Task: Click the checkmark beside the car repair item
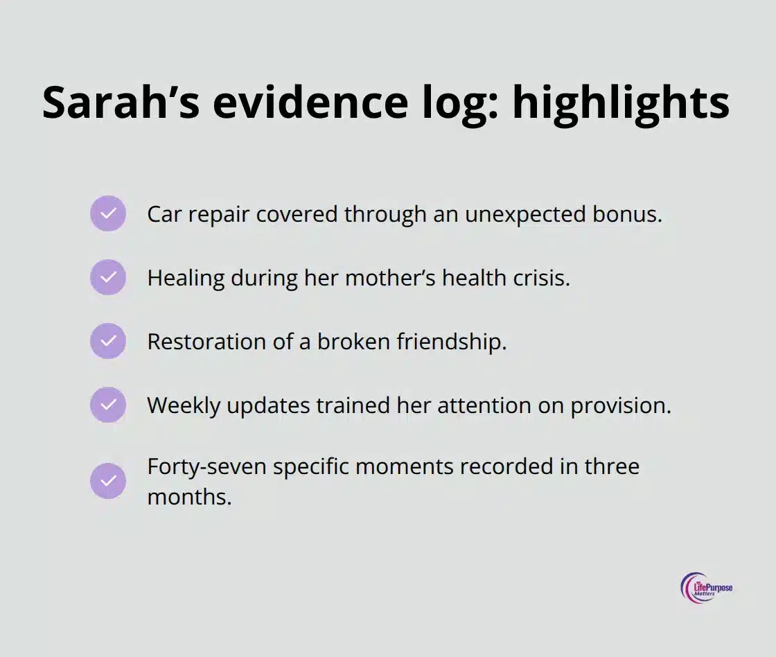[108, 213]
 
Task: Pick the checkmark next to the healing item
[108, 277]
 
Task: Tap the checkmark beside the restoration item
[108, 341]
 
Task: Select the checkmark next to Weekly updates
[108, 405]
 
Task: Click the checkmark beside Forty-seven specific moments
[108, 481]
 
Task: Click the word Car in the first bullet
[161, 214]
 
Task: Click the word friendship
[451, 342]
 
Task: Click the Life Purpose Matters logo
[706, 588]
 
